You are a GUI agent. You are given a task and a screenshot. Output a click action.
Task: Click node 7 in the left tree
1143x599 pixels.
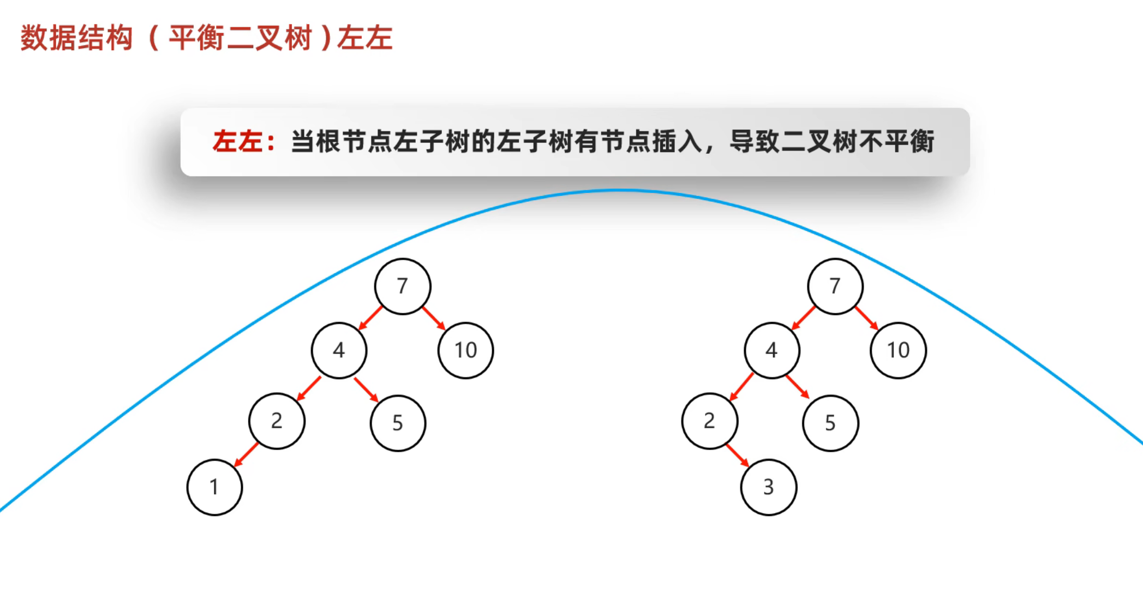pos(403,286)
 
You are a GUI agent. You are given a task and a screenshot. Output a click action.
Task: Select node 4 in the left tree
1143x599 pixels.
pos(339,350)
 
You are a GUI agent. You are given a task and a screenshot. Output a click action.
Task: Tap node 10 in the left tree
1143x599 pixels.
pos(465,350)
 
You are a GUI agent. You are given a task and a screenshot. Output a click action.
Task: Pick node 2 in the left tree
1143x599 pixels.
pos(277,421)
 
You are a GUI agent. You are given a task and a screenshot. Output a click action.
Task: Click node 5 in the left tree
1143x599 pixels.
pos(398,423)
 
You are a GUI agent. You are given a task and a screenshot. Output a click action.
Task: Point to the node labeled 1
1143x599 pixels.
pos(214,487)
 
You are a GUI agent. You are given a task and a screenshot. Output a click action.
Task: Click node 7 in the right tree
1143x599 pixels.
pos(835,286)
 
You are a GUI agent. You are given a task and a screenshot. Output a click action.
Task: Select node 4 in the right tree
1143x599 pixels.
pos(771,350)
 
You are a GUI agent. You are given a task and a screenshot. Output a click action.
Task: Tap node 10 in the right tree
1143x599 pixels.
pos(898,350)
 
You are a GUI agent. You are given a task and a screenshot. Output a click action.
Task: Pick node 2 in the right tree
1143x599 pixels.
pos(709,421)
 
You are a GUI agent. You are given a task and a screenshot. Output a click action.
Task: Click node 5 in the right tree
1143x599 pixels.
pos(830,423)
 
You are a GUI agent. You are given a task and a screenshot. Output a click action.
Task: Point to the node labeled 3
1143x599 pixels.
pos(768,487)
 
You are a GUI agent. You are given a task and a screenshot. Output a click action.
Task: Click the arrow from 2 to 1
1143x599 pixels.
pos(246,454)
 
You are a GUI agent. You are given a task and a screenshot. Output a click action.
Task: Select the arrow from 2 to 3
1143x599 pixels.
pos(738,455)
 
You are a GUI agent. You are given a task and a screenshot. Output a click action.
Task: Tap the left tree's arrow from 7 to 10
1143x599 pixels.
pos(434,318)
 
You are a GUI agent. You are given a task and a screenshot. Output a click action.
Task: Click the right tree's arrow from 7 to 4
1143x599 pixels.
pos(803,318)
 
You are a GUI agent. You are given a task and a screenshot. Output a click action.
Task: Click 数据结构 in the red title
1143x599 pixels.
pos(77,38)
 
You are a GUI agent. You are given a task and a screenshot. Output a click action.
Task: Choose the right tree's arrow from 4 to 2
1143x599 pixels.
pos(741,387)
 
